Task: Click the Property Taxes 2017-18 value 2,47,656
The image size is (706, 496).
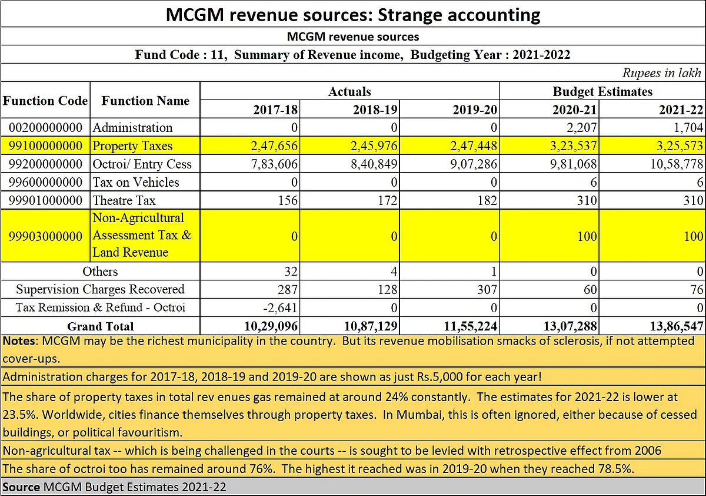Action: pyautogui.click(x=274, y=146)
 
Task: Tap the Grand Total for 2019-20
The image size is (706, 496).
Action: pyautogui.click(x=470, y=326)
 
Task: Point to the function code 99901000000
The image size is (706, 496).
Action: pyautogui.click(x=45, y=200)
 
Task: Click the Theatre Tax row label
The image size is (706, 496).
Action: pyautogui.click(x=124, y=200)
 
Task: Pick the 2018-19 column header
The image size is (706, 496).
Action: pyautogui.click(x=375, y=110)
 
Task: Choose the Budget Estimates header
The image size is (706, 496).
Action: pyautogui.click(x=602, y=91)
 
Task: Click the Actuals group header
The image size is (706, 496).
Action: pyautogui.click(x=349, y=91)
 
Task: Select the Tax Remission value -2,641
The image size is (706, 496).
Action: pyautogui.click(x=280, y=307)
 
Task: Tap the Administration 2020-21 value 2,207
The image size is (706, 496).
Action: pyautogui.click(x=581, y=127)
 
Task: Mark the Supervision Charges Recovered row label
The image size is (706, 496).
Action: pyautogui.click(x=100, y=289)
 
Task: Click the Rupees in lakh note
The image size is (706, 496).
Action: pyautogui.click(x=661, y=73)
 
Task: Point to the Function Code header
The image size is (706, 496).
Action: pyautogui.click(x=45, y=101)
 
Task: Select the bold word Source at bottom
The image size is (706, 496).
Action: pyautogui.click(x=21, y=487)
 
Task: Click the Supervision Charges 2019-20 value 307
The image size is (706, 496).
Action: pyautogui.click(x=487, y=289)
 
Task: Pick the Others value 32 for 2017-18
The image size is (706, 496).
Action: pyautogui.click(x=291, y=272)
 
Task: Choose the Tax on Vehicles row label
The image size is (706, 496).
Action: pyautogui.click(x=135, y=182)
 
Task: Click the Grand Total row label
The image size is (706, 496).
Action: pyautogui.click(x=101, y=326)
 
